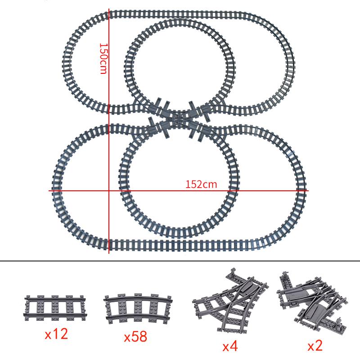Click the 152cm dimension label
pos(201,184)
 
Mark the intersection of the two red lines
pos(109,190)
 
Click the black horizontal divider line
pos(180,260)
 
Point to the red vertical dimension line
pos(109,135)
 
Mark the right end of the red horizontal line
pos(308,190)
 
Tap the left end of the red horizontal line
pos(49,190)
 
